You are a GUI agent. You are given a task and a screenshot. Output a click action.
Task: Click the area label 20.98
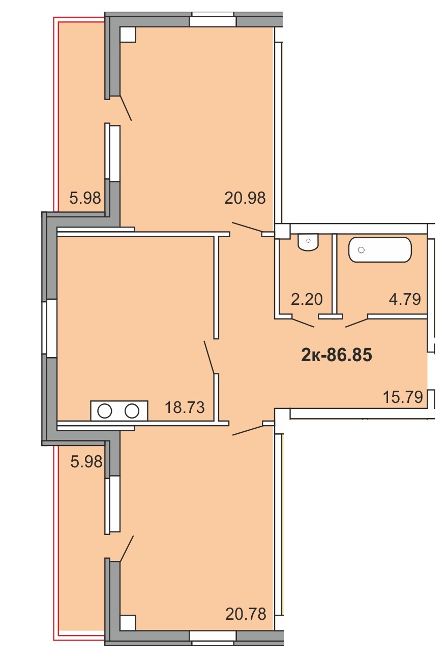pos(245,198)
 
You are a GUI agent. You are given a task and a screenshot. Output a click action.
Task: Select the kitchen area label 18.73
pos(185,407)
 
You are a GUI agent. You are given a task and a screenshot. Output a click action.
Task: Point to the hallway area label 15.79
pos(403,397)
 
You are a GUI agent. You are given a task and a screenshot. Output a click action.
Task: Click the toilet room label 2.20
pos(307,299)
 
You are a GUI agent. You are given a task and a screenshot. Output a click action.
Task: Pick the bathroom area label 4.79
pos(405,299)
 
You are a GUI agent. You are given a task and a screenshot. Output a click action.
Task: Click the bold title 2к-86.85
pos(337,355)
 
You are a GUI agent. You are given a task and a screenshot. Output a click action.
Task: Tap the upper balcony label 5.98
pos(85,198)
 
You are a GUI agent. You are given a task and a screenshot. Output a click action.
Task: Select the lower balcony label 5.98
pos(86,462)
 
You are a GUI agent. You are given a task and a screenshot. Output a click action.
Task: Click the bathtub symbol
pos(380,250)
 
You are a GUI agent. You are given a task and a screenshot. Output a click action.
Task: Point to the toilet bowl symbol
pos(308,242)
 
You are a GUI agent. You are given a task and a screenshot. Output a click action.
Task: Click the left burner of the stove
pos(105,411)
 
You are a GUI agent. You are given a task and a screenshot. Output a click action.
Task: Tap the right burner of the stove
pos(132,411)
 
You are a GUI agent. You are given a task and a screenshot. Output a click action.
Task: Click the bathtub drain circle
pos(361,250)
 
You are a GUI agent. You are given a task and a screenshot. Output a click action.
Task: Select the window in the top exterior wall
pos(213,19)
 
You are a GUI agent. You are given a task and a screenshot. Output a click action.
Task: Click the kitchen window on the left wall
pos(49,328)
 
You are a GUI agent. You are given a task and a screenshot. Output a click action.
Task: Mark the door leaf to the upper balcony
pos(126,108)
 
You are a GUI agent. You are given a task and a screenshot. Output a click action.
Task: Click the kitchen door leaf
pos(209,357)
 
